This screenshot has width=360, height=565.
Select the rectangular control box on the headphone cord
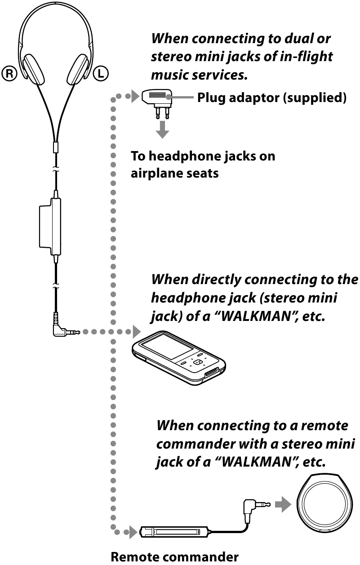click(49, 227)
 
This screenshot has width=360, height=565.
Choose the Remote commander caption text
click(175, 557)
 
